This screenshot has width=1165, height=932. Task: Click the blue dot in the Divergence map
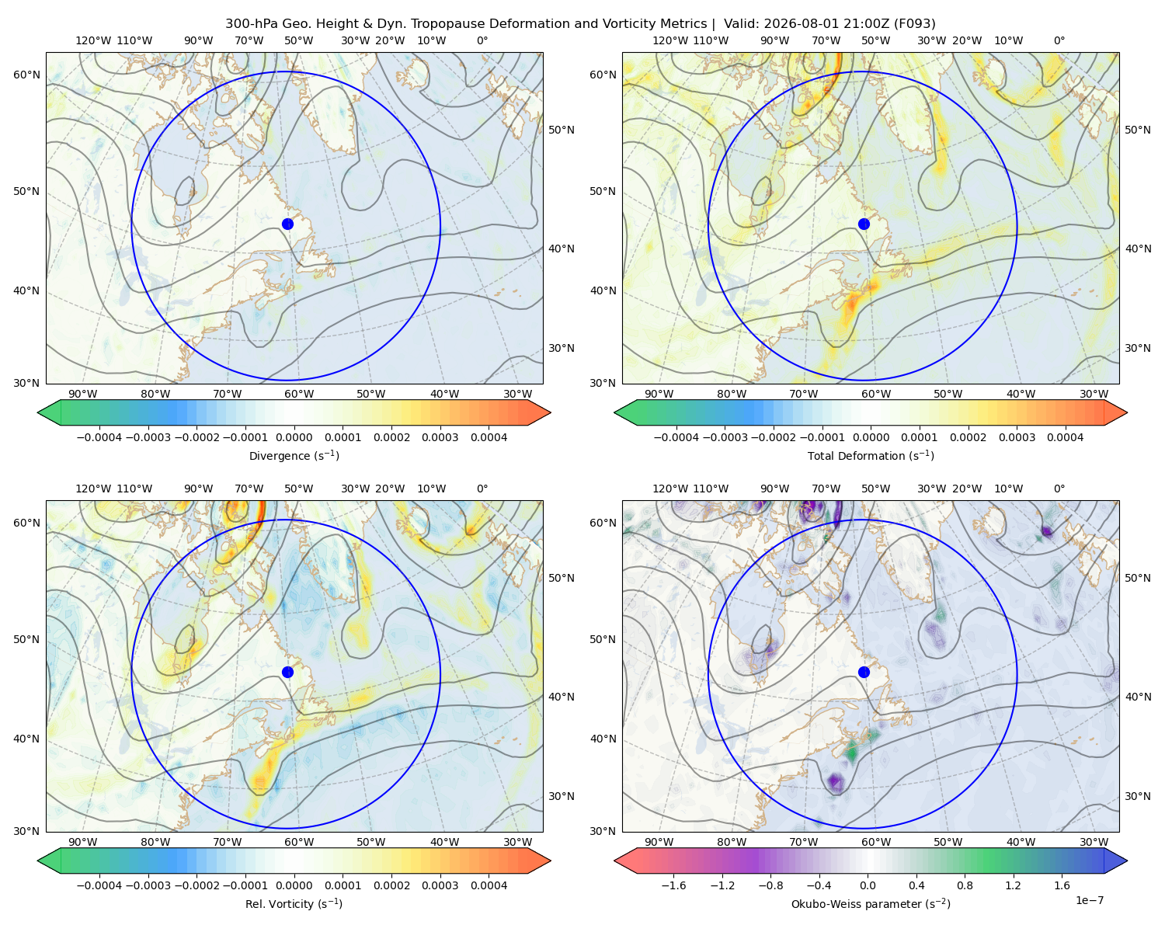pos(287,224)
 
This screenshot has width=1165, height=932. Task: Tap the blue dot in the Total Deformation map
pos(864,224)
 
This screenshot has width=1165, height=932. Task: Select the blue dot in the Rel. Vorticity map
pos(287,672)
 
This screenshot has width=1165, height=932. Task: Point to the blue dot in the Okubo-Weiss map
pos(864,672)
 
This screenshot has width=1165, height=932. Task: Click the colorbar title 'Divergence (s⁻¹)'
pos(294,455)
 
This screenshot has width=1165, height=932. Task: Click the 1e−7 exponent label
pos(1089,900)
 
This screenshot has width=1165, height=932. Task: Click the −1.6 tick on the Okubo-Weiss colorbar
pos(673,885)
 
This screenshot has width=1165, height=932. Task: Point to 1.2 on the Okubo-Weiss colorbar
pos(1013,885)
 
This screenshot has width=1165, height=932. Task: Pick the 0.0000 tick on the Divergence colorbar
pos(294,437)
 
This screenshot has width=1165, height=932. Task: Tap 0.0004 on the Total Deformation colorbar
pos(1065,437)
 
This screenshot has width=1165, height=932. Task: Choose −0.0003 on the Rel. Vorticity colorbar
pos(148,885)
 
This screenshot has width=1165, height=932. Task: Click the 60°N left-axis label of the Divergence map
pos(26,75)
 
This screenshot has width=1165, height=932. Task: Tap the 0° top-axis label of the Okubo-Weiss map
pos(1059,489)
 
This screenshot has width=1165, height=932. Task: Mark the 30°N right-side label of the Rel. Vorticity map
pos(562,795)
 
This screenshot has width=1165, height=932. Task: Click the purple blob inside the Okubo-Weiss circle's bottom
pos(836,781)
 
